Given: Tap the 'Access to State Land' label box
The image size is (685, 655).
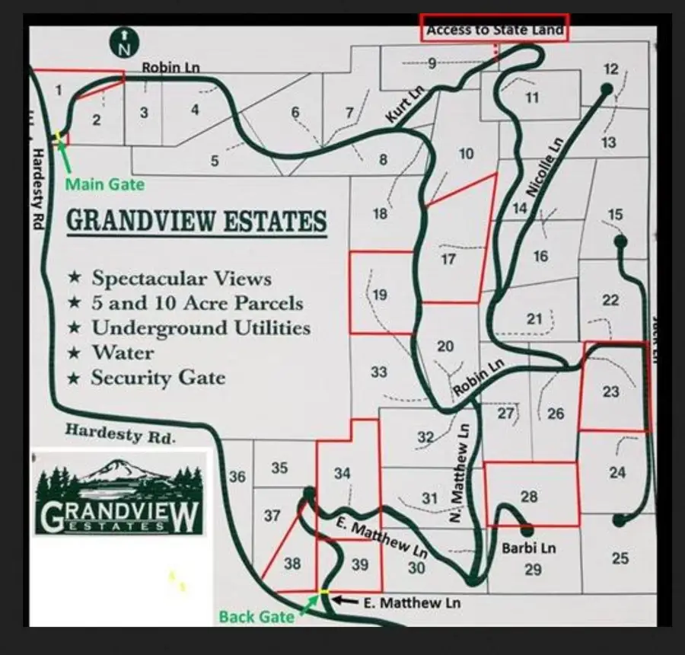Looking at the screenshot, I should [495, 29].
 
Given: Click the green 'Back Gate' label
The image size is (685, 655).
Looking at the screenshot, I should [256, 616].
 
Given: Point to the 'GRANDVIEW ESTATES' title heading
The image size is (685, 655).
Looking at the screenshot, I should [196, 222].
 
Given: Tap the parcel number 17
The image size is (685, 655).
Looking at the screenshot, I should [448, 260].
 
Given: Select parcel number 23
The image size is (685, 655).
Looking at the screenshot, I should [610, 392].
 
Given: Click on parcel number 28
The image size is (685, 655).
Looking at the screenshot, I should [529, 497].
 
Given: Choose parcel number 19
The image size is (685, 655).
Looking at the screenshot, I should [381, 295].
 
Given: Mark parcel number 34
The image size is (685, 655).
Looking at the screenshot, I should [342, 474].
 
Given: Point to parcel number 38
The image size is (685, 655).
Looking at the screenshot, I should [292, 564].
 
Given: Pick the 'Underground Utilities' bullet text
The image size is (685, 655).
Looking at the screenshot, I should [201, 327].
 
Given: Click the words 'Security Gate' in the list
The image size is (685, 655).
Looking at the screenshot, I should [158, 378].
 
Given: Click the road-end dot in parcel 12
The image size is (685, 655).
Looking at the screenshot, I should [606, 89].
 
